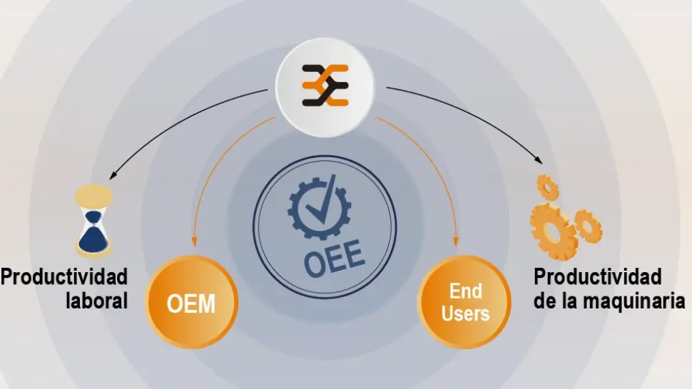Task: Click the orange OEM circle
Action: coord(191,303)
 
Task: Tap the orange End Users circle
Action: coord(464,302)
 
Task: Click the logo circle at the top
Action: coord(325,85)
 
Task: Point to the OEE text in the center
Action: coord(334,259)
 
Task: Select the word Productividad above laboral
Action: coord(64,276)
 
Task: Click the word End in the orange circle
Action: coord(464,291)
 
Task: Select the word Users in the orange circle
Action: coord(464,313)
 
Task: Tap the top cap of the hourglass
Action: coord(94,192)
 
